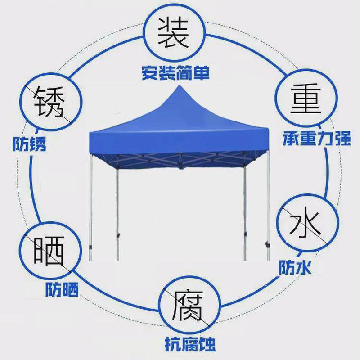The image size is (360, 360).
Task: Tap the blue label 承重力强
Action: click(317, 139)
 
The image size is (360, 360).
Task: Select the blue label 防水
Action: click(295, 268)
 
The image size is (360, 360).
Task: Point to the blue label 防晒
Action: click(62, 289)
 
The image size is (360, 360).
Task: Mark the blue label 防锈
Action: click(29, 145)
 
